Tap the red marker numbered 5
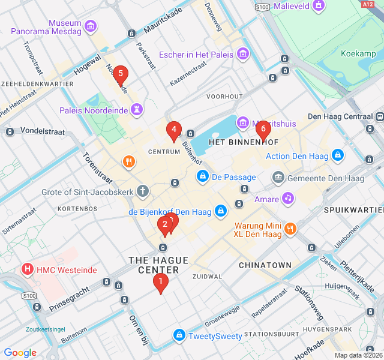[x=120, y=75]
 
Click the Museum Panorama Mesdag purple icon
[x=91, y=26]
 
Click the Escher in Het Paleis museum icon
[x=243, y=55]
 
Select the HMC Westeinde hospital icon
[x=27, y=270]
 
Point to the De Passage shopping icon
[x=203, y=177]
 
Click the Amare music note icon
[x=289, y=198]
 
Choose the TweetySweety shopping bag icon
[x=179, y=335]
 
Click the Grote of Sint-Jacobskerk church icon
[x=142, y=192]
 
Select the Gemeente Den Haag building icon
[x=278, y=178]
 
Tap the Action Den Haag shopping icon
[x=338, y=156]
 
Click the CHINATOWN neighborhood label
[x=265, y=265]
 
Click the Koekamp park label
[x=358, y=53]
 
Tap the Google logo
[x=20, y=353]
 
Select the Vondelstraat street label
[x=41, y=130]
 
